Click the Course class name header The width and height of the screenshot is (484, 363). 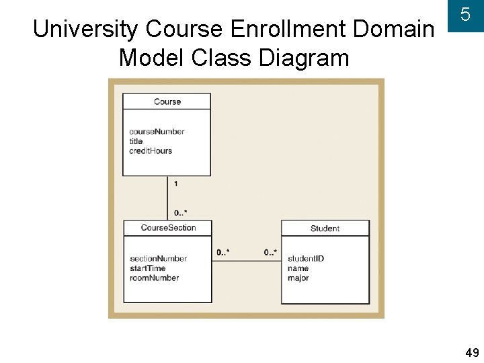coord(167,102)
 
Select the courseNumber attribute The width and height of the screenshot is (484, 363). coord(157,132)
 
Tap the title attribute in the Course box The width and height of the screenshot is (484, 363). coord(136,141)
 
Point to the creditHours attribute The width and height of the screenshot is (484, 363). coord(151,151)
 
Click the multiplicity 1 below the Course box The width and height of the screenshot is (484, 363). coord(176,184)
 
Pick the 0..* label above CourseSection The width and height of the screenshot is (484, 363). coord(181,212)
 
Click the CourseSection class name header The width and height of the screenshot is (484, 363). coord(168,228)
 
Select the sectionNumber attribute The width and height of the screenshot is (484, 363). coord(158,259)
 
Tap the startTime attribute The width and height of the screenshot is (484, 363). coord(147,268)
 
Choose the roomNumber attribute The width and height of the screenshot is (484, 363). coord(154,278)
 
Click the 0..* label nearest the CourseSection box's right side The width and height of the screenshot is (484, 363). coord(223,253)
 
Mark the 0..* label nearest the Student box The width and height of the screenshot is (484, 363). coord(270,253)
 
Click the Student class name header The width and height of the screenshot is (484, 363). coord(325,229)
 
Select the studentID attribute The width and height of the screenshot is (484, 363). coord(306,259)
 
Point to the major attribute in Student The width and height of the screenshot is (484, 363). coord(298,278)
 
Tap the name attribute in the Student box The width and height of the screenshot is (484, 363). coord(298,268)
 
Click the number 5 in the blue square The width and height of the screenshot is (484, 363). coord(465,15)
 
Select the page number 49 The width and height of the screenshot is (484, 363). coord(472,353)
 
